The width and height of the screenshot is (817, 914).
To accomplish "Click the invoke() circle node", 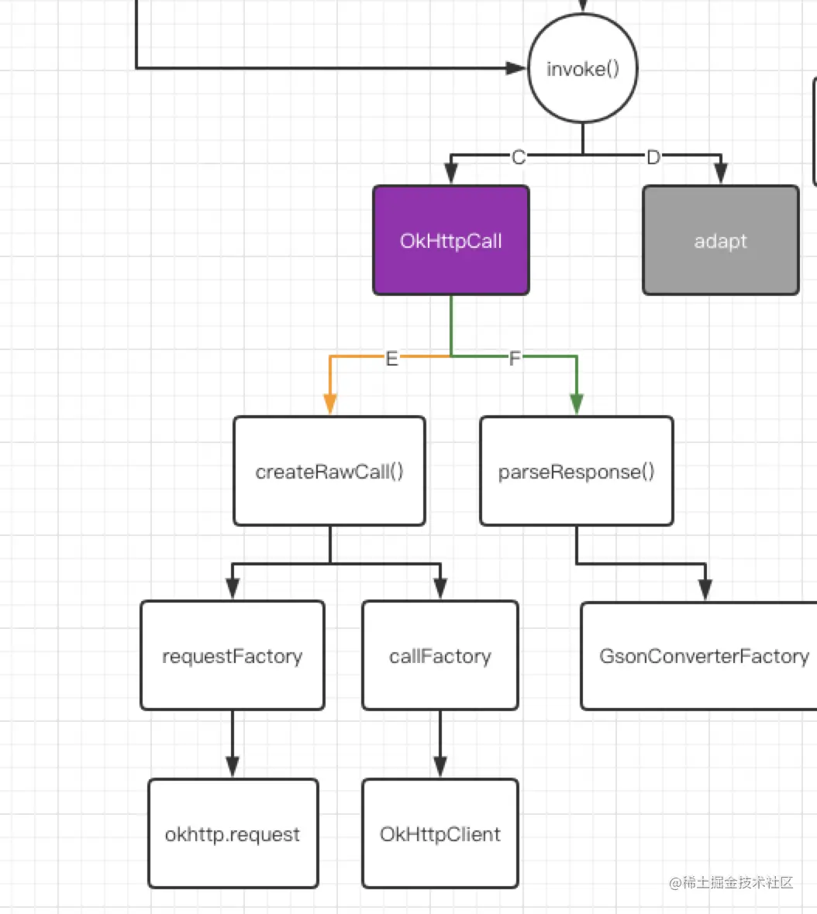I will click(583, 69).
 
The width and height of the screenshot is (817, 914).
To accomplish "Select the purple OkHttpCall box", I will click(451, 240).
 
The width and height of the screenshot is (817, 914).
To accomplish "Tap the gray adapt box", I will click(721, 240).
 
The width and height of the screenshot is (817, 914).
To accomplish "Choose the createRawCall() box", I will click(329, 471).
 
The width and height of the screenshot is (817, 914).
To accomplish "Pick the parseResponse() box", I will click(577, 471).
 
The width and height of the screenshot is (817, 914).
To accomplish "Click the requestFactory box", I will click(233, 655).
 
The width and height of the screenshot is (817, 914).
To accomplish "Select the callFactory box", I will click(440, 655).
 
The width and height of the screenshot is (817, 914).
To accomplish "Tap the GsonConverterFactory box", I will click(702, 655).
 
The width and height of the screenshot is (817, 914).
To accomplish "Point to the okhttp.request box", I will click(233, 833).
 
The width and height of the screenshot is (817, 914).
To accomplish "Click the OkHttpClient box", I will click(440, 833).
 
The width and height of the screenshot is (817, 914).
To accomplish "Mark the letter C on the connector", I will click(519, 157).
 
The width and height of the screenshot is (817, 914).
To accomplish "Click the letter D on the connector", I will click(653, 157).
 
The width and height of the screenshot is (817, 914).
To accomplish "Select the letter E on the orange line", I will click(391, 358).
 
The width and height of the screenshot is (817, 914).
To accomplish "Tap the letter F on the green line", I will click(515, 358).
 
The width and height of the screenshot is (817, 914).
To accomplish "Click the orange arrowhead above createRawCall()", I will click(330, 404).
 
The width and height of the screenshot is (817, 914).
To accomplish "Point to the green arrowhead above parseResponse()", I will click(577, 404).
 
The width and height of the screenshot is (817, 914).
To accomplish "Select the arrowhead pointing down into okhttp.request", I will click(233, 766).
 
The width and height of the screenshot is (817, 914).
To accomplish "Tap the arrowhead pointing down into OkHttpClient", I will click(440, 766).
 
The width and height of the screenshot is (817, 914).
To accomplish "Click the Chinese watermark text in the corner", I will click(732, 882).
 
